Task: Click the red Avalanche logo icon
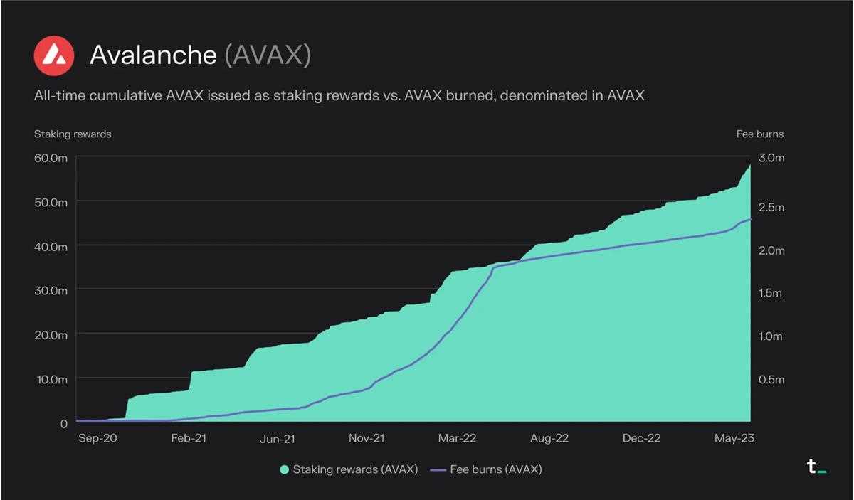click(54, 55)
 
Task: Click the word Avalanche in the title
click(153, 55)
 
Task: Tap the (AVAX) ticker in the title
click(268, 55)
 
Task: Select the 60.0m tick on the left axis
click(51, 158)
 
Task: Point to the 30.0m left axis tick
click(51, 290)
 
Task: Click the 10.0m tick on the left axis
click(51, 379)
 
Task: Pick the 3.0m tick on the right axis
click(771, 158)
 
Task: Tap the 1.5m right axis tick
click(771, 293)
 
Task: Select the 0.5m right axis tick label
click(771, 380)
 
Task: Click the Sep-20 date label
click(97, 438)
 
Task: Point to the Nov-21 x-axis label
click(367, 438)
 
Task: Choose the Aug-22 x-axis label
click(549, 438)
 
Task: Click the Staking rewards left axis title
click(73, 134)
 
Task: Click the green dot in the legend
click(285, 469)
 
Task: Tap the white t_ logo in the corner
click(816, 467)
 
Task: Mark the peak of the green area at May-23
click(750, 165)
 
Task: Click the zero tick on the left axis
click(63, 423)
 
